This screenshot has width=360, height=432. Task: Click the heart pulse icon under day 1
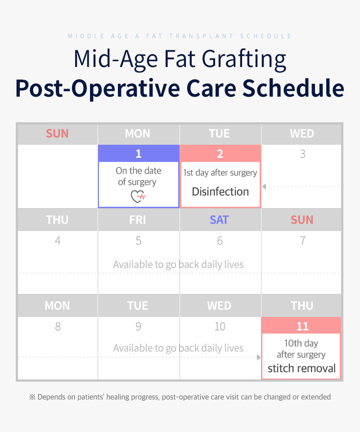[138, 196]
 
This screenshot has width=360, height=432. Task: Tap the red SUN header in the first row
[57, 134]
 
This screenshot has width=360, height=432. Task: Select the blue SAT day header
[219, 220]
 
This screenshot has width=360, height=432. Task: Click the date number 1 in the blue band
[139, 154]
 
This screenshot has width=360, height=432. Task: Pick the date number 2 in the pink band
[220, 154]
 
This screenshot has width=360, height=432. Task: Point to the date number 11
[302, 326]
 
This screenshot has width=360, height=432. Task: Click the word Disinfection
[220, 192]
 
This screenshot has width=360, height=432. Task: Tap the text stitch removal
[301, 368]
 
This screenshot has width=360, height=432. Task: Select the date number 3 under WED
[302, 154]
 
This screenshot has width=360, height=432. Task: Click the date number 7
[302, 240]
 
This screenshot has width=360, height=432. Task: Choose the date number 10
[220, 326]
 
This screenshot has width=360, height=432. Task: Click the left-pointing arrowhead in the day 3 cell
[264, 187]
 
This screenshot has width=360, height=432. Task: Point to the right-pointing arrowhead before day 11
[259, 357]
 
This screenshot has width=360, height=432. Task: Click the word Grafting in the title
[244, 59]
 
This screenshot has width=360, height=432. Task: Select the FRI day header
[138, 220]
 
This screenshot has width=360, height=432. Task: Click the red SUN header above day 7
[302, 220]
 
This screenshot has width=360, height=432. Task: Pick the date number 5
[139, 240]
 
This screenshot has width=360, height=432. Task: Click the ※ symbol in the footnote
[32, 397]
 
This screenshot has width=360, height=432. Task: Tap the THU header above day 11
[302, 306]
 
